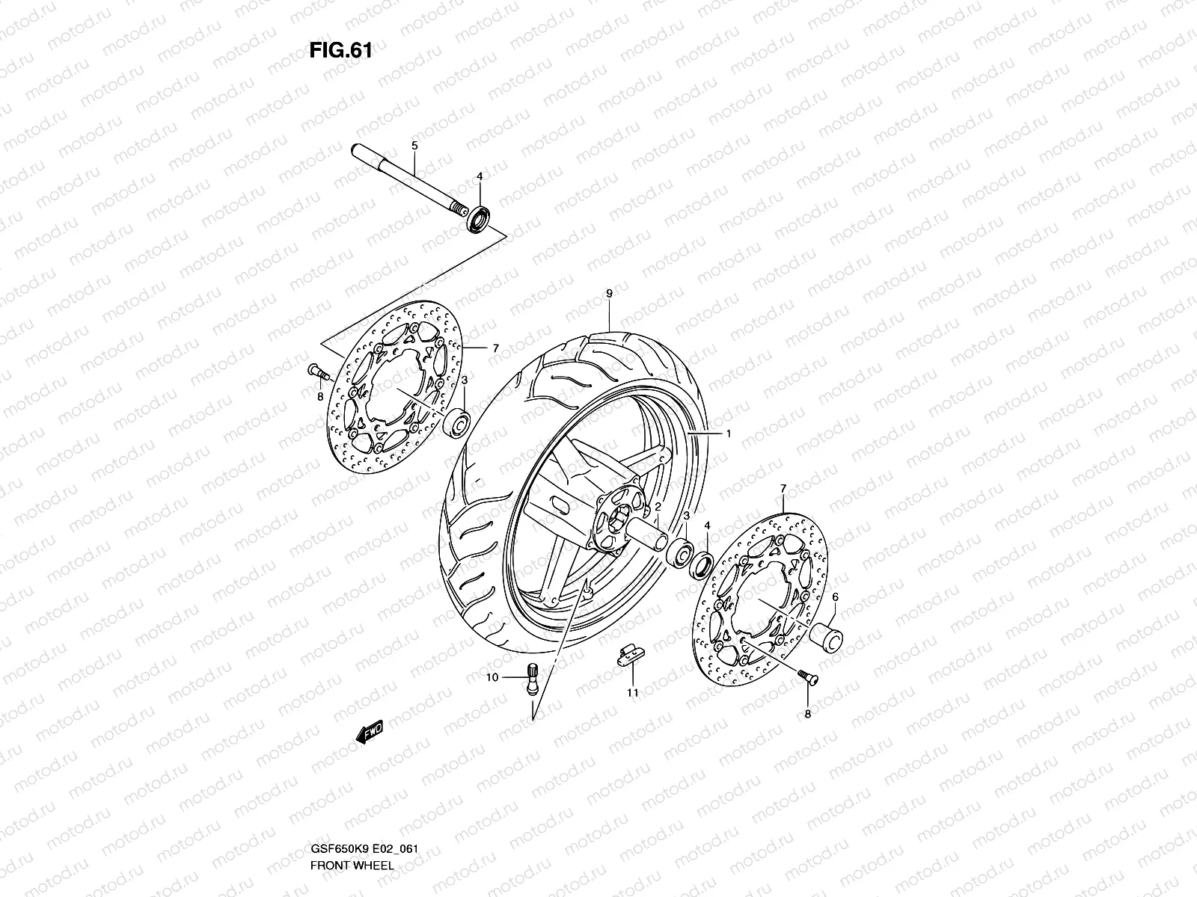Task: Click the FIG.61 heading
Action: click(x=340, y=51)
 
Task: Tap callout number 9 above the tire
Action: click(x=609, y=294)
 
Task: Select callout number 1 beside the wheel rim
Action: click(x=727, y=434)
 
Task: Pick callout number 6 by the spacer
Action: click(x=834, y=597)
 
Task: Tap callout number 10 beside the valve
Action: click(x=492, y=678)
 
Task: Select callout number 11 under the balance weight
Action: click(x=633, y=693)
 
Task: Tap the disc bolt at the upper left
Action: click(x=315, y=369)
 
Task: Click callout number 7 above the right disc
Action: click(x=783, y=488)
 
